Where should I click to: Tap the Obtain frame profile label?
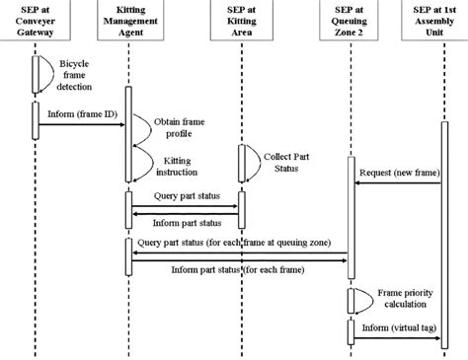(x=183, y=126)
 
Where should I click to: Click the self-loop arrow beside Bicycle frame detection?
(x=42, y=71)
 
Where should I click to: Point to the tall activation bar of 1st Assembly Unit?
(x=443, y=227)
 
